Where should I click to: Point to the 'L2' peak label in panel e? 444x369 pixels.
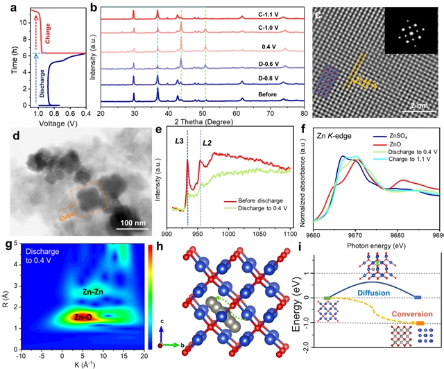pyautogui.click(x=207, y=144)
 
